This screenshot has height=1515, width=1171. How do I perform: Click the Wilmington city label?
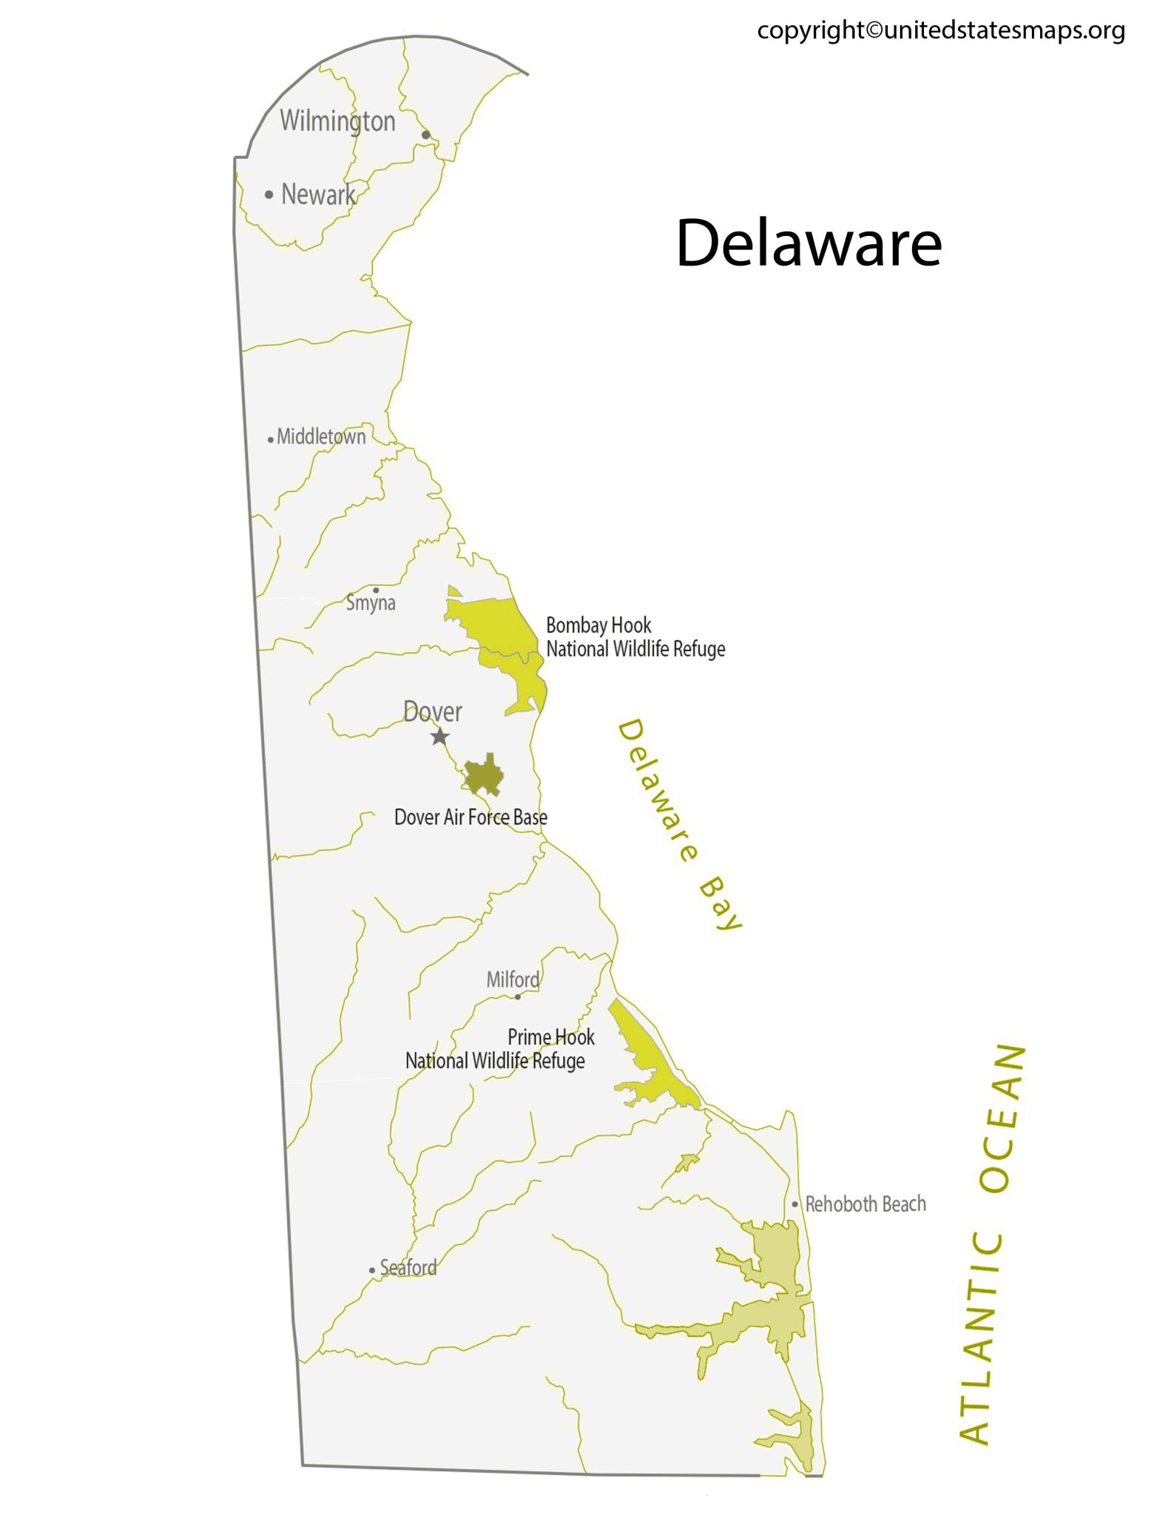coord(337,121)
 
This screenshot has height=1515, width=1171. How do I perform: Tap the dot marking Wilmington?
coord(425,135)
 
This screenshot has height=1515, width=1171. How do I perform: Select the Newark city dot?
coord(269,195)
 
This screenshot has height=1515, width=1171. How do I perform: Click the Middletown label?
coord(321,436)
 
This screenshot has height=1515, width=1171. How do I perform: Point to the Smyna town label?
coord(371,603)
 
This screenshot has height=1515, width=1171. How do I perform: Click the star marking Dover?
coord(440,737)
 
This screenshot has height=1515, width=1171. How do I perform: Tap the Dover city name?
coord(433,712)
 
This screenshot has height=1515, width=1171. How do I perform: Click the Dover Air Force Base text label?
coord(470,817)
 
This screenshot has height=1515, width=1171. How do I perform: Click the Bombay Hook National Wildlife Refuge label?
coord(635,637)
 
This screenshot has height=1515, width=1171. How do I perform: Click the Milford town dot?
coord(518,996)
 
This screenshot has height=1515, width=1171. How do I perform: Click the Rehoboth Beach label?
coord(865,1204)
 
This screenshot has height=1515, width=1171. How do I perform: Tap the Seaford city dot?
coord(372,1270)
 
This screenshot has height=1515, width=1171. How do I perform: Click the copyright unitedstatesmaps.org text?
coord(940,30)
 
